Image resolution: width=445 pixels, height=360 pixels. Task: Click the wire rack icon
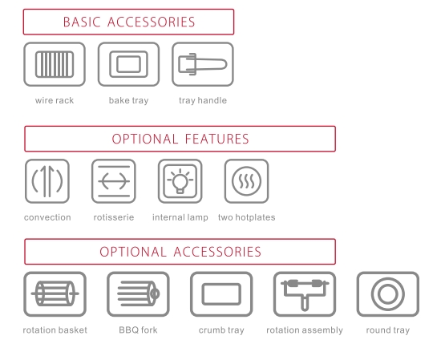[x=55, y=64]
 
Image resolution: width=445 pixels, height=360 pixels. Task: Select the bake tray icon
[x=128, y=64]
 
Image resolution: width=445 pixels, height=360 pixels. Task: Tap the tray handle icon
[x=203, y=64]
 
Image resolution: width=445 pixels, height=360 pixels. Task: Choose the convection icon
[x=47, y=181]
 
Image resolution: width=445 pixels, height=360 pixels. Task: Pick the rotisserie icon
[x=114, y=181]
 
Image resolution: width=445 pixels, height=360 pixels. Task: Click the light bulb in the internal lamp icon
[x=180, y=180]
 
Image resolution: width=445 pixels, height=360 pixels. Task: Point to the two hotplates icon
[x=246, y=181]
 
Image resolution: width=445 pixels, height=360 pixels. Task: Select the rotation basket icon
[x=55, y=294]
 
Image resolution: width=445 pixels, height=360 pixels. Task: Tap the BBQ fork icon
[x=138, y=294]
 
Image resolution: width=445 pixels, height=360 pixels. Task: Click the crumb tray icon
[x=221, y=294]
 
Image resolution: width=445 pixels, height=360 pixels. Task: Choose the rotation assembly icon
[x=305, y=294]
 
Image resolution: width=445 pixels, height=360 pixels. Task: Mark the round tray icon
[x=388, y=294]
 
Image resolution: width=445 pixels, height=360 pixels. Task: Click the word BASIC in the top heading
[x=82, y=22]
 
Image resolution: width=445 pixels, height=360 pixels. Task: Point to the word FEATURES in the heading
[x=216, y=139]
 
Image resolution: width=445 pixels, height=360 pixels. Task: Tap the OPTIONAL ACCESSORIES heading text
[x=180, y=252]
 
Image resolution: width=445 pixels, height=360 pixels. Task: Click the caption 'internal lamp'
[x=180, y=217]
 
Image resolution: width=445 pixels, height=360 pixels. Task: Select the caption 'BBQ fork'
[x=138, y=330]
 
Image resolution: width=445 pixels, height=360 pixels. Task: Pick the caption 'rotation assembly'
[x=305, y=330]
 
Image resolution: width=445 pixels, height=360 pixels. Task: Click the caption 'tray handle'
[x=203, y=100]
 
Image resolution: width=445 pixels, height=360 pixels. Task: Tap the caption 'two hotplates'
[x=247, y=217]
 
